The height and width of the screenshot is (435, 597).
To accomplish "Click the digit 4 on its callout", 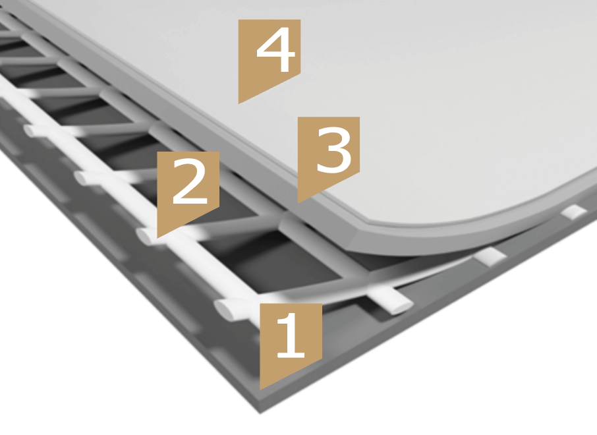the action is coord(275,49).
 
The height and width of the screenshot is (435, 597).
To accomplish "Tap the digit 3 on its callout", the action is coord(333,150).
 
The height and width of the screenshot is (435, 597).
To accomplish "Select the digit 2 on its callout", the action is coord(190,181).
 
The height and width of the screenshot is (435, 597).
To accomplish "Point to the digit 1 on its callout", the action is coord(291,335).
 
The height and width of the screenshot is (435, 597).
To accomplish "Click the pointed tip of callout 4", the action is coord(239,103).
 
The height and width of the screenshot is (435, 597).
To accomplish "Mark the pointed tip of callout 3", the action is coord(298,202).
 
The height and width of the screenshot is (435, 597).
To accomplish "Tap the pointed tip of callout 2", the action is coord(157,238).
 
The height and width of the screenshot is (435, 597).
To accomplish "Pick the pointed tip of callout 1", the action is coord(260,389).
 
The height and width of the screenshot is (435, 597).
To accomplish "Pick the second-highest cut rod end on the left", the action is coord(82,178).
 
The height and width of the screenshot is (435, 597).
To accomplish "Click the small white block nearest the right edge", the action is coord(574,212).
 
